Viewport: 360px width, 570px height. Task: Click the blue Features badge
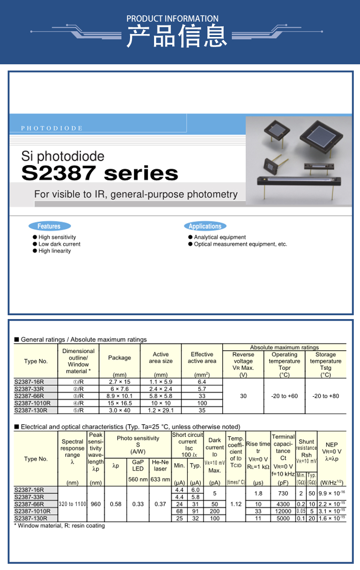[49, 226]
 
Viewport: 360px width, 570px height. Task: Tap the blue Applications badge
[205, 226]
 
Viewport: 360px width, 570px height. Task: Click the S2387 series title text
[99, 173]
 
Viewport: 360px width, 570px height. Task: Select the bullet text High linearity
[54, 251]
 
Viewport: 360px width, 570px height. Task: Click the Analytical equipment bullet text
[219, 237]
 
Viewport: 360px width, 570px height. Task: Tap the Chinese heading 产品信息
[177, 37]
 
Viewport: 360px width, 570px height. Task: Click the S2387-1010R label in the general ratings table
[32, 403]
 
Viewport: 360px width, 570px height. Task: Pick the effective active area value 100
[202, 403]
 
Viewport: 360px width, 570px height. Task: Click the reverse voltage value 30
[243, 396]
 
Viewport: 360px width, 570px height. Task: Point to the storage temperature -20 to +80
[325, 396]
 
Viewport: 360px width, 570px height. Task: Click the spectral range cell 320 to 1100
[72, 504]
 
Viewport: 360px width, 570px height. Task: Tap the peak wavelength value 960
[96, 504]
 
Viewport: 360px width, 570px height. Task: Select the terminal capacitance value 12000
[283, 511]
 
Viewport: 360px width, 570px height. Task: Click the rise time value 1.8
[258, 493]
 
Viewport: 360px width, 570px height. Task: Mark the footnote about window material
[60, 525]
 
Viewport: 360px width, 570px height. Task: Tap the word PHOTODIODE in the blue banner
[52, 128]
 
